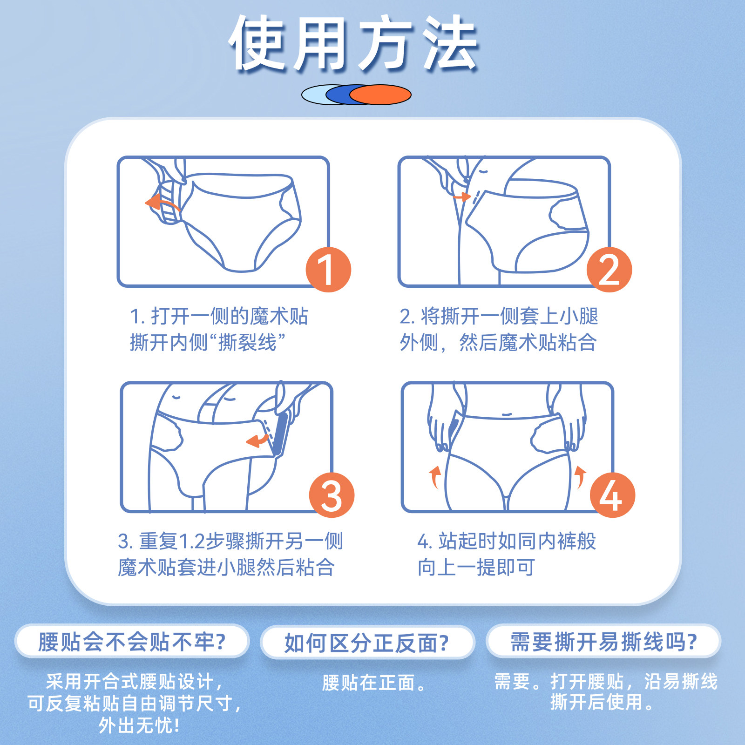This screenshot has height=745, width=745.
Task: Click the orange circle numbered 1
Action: click(328, 270)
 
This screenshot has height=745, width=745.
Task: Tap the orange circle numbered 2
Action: click(609, 270)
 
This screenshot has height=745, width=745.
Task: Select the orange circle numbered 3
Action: click(332, 495)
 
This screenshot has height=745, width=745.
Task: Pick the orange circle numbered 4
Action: click(612, 495)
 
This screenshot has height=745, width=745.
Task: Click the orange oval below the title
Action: click(380, 95)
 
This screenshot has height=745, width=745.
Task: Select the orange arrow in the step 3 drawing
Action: click(257, 440)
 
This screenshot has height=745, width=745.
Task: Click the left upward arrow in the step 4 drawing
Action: click(435, 477)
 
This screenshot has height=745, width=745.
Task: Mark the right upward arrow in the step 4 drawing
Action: click(580, 477)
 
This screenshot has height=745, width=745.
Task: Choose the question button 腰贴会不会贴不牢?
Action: click(132, 642)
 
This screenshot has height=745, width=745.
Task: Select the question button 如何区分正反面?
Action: click(367, 643)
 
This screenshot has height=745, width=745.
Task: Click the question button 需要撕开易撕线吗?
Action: click(603, 642)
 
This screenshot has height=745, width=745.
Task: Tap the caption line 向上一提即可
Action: click(476, 568)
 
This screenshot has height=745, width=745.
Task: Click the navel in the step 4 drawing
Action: click(507, 414)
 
